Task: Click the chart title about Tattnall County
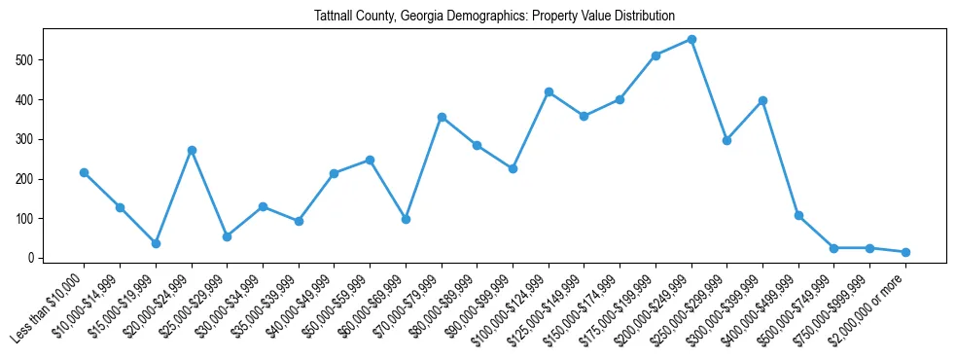point(494,16)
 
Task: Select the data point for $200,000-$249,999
point(691,40)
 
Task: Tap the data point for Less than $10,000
point(84,173)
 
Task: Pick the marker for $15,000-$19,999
point(156,243)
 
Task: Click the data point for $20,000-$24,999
point(192,150)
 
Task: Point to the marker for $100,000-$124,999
point(549,91)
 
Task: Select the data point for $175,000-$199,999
point(655,55)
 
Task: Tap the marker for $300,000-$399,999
point(762,100)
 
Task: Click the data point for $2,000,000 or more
point(905,252)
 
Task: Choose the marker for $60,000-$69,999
point(406,219)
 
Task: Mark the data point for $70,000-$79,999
point(442,117)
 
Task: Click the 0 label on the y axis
point(32,259)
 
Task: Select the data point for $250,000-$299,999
point(726,140)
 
